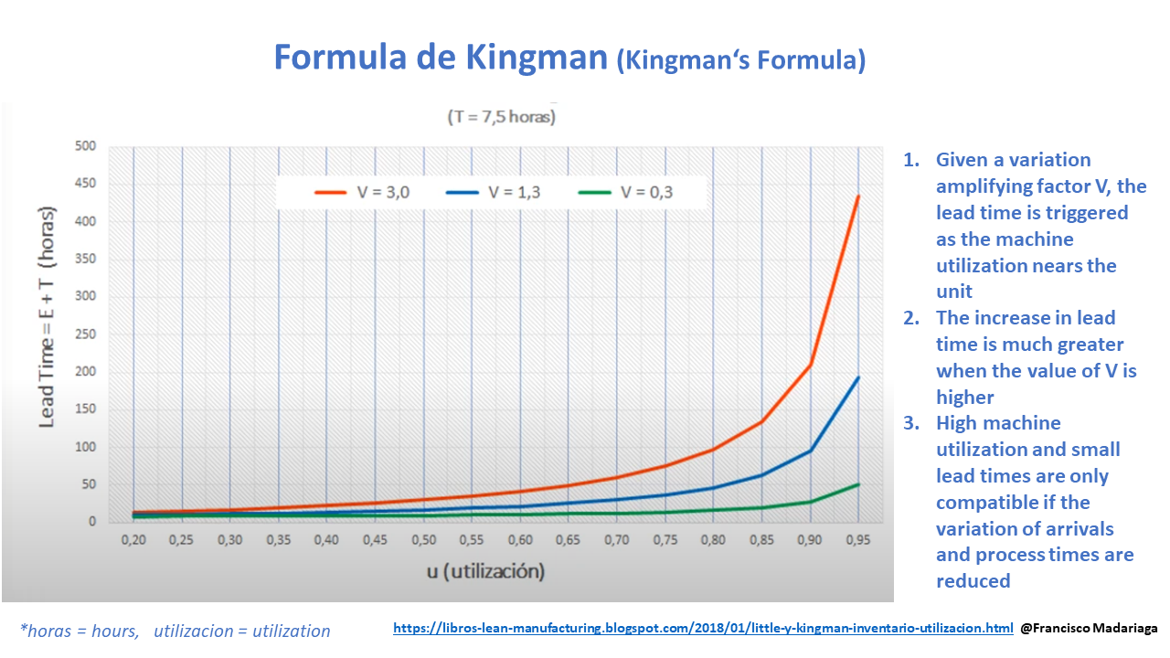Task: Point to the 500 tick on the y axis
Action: point(85,146)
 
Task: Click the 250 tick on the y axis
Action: point(85,334)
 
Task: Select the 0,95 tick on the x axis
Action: point(856,540)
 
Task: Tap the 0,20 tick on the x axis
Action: point(134,540)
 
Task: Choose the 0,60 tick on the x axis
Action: point(519,540)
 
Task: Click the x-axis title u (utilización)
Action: point(485,572)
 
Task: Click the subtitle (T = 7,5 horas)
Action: point(501,117)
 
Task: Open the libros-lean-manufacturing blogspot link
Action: point(703,629)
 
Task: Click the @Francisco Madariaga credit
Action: point(1089,629)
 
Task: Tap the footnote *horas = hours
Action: point(79,631)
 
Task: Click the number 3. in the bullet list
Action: point(911,423)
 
